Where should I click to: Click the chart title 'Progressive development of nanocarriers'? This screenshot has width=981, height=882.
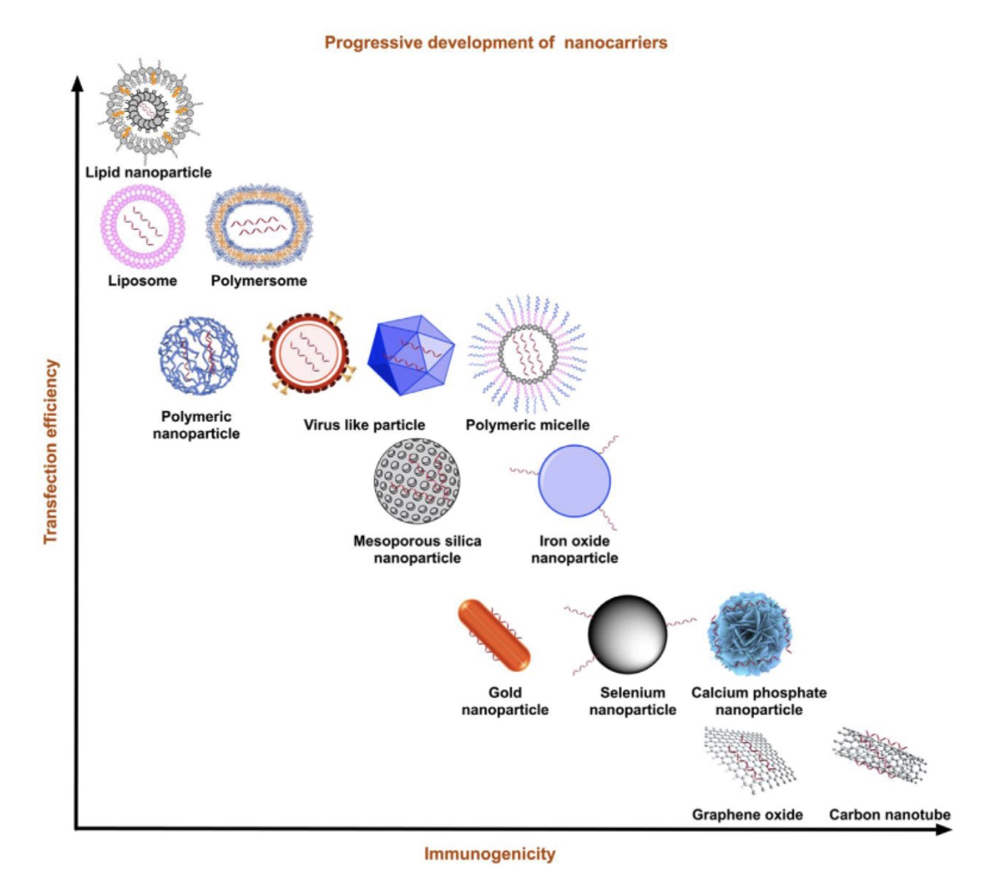pyautogui.click(x=496, y=43)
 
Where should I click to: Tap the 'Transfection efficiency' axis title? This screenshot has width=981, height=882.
pyautogui.click(x=51, y=451)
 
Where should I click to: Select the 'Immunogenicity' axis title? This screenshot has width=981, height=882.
pyautogui.click(x=489, y=854)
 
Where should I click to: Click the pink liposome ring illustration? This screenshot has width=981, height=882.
pyautogui.click(x=142, y=226)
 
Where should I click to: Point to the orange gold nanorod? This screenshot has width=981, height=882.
pyautogui.click(x=494, y=635)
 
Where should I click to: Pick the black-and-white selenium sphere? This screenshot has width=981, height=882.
pyautogui.click(x=627, y=634)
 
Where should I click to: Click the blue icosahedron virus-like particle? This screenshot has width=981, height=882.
pyautogui.click(x=410, y=355)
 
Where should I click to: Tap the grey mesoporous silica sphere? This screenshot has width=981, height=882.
pyautogui.click(x=417, y=481)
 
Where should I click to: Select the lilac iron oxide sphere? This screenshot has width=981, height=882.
pyautogui.click(x=574, y=481)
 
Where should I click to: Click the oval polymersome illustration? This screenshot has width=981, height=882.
pyautogui.click(x=259, y=226)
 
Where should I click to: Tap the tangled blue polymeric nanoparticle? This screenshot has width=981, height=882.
pyautogui.click(x=198, y=356)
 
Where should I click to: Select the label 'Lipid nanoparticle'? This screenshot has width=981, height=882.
pyautogui.click(x=148, y=172)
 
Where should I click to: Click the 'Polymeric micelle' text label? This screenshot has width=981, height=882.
pyautogui.click(x=527, y=425)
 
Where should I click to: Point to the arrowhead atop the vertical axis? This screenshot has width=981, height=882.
pyautogui.click(x=77, y=83)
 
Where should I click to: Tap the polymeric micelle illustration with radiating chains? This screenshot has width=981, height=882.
pyautogui.click(x=528, y=353)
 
